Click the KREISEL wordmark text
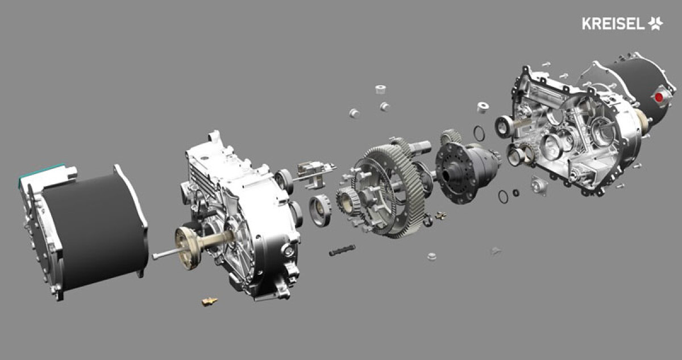coord(613,24)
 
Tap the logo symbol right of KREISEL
coord(655,24)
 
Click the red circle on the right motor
coord(659,97)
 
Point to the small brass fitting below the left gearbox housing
coord(210,301)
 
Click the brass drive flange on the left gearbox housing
coord(189,247)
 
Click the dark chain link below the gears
coord(342,250)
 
